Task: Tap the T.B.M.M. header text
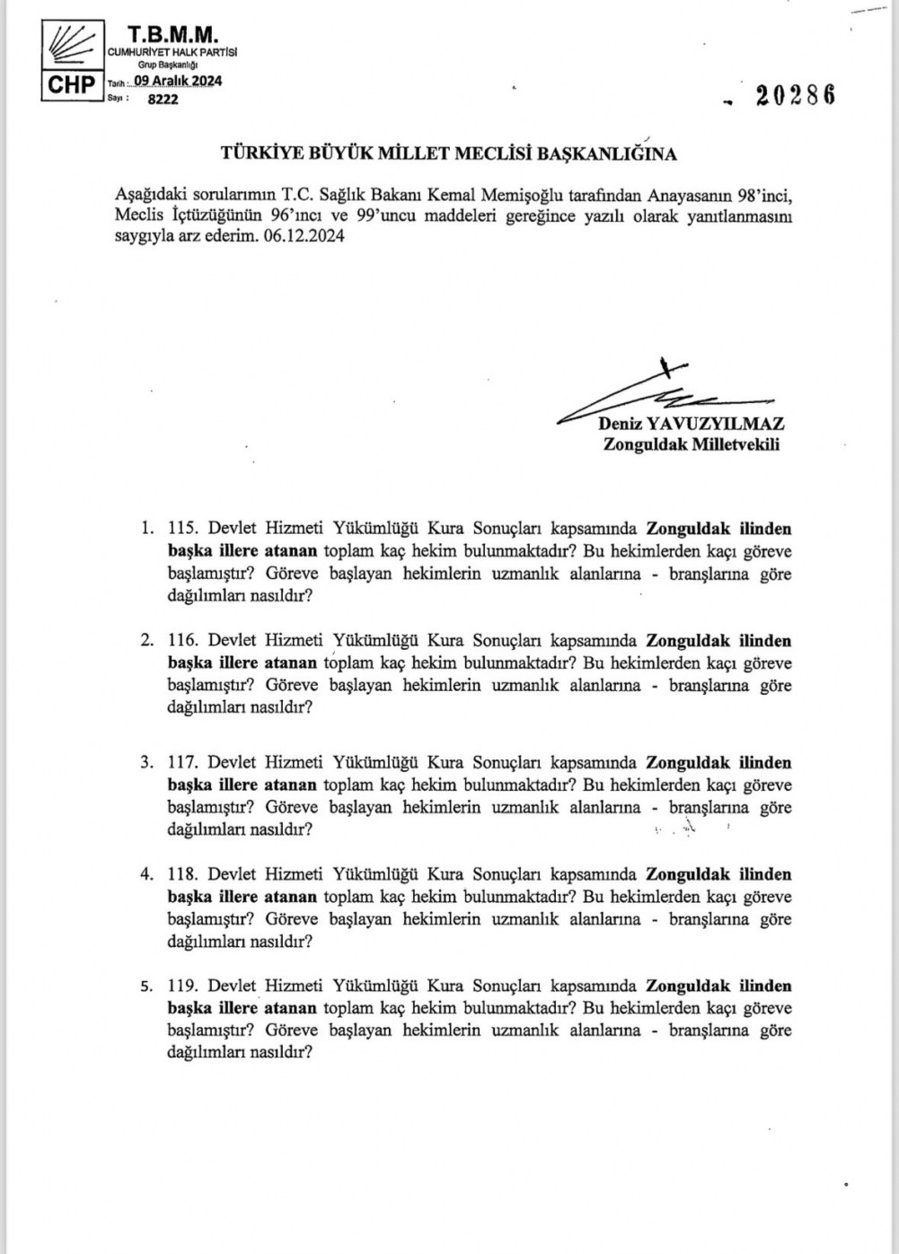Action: (173, 34)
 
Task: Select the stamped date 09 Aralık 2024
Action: (177, 81)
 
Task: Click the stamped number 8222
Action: (163, 100)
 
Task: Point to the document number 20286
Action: (795, 95)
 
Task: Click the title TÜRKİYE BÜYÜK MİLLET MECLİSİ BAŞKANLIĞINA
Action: (449, 153)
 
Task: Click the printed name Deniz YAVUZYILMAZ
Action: (691, 424)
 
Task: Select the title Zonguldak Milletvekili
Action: (691, 443)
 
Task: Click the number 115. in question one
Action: (182, 530)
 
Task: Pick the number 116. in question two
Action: (182, 641)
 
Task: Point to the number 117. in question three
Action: (182, 763)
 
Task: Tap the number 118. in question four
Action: (182, 874)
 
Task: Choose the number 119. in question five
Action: (182, 986)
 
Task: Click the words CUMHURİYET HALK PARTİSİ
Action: (172, 53)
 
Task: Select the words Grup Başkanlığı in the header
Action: (167, 66)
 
